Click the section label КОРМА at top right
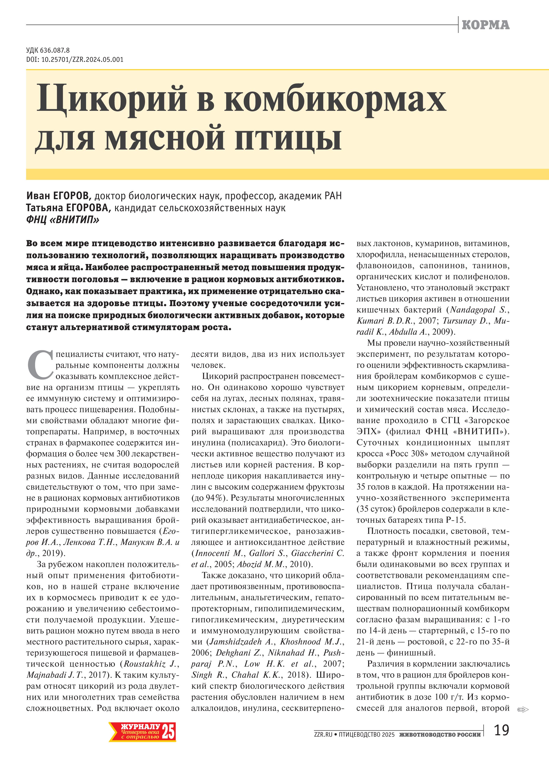485,25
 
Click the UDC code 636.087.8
55,50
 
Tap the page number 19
501,731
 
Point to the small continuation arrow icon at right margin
522,709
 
